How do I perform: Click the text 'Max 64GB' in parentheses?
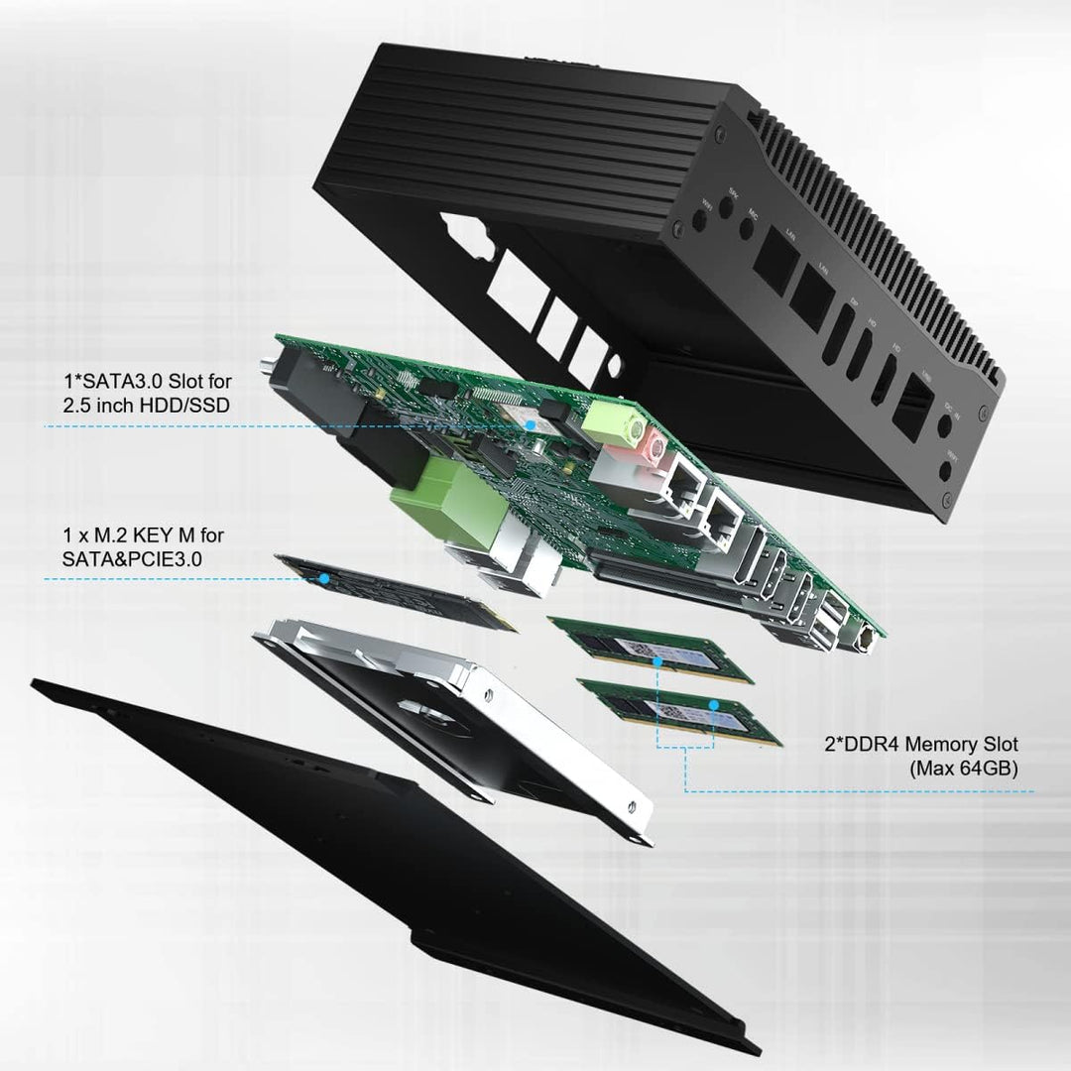point(963,767)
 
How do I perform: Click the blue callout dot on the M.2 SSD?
point(323,576)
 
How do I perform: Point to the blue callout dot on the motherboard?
point(531,423)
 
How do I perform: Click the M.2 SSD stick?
point(397,592)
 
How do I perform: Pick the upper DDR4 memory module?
point(649,649)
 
